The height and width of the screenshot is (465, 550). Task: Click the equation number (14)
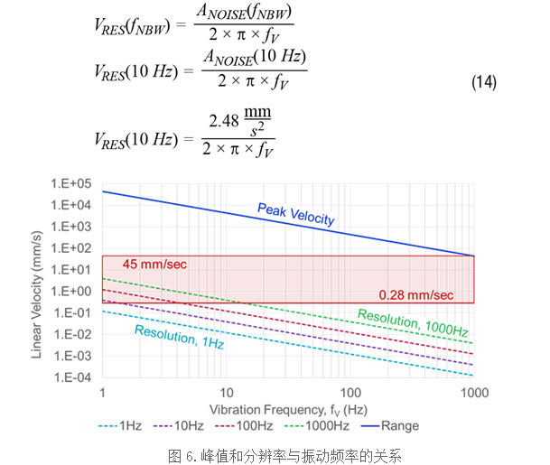[483, 83]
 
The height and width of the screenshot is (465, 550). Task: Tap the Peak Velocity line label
[296, 214]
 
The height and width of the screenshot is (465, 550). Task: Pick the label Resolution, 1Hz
[180, 337]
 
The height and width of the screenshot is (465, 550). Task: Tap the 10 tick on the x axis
[227, 392]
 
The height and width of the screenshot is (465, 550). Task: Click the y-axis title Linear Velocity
[38, 281]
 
